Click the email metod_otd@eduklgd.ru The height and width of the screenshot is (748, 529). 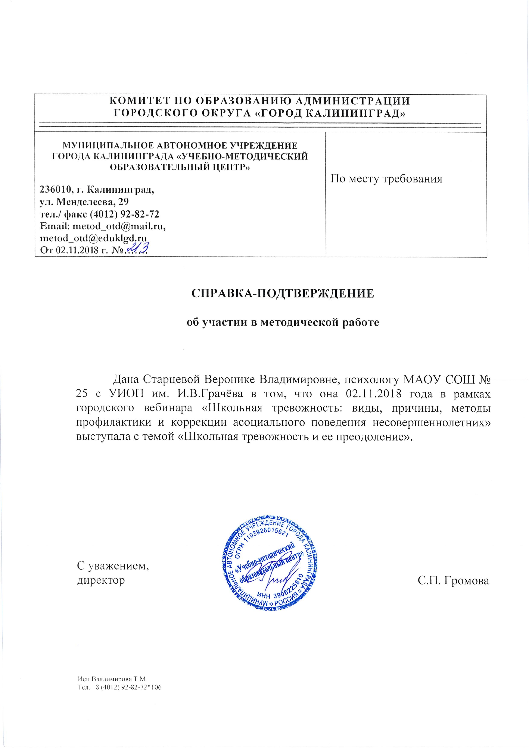(93, 238)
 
